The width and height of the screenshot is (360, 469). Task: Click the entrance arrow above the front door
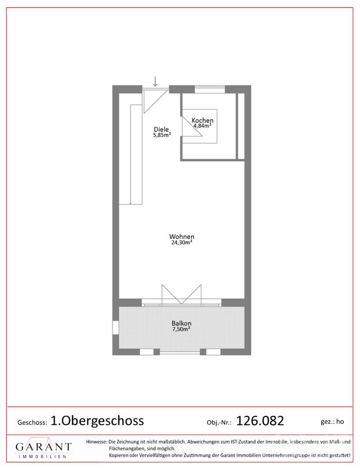(x=155, y=81)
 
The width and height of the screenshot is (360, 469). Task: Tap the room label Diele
(x=162, y=129)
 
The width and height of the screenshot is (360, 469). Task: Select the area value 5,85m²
(x=162, y=135)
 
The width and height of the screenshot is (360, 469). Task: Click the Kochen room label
(x=202, y=121)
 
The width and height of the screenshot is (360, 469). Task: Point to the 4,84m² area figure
(x=202, y=126)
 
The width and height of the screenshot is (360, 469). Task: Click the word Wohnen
(x=182, y=237)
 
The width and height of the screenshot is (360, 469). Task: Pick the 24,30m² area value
(x=182, y=242)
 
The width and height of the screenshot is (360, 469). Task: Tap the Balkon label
(x=182, y=324)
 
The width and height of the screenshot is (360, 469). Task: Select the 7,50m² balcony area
(x=182, y=329)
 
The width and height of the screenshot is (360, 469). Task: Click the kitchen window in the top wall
(x=210, y=89)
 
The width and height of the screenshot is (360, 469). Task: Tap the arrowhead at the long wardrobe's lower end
(x=131, y=203)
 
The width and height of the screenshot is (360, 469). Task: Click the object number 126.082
(x=260, y=421)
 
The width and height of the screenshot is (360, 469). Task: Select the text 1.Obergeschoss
(x=97, y=421)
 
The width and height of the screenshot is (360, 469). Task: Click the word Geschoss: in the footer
(x=32, y=423)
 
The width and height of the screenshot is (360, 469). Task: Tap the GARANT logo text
(x=44, y=447)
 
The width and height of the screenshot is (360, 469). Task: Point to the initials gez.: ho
(x=332, y=422)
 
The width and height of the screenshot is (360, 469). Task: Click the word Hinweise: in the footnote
(x=96, y=442)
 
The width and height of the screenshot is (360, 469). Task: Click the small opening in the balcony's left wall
(x=116, y=328)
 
